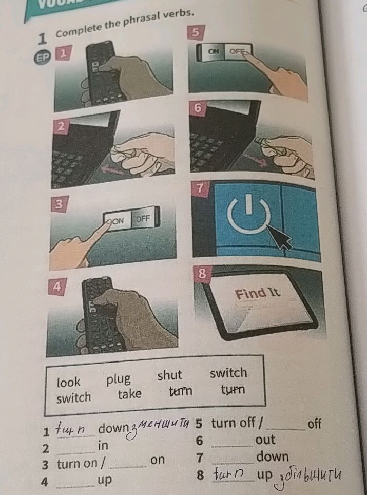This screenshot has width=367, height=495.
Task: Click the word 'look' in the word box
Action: (69, 383)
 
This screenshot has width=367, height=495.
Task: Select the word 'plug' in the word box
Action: (119, 379)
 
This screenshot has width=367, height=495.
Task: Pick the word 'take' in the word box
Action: (129, 394)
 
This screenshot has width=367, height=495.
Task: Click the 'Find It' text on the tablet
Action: (258, 294)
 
